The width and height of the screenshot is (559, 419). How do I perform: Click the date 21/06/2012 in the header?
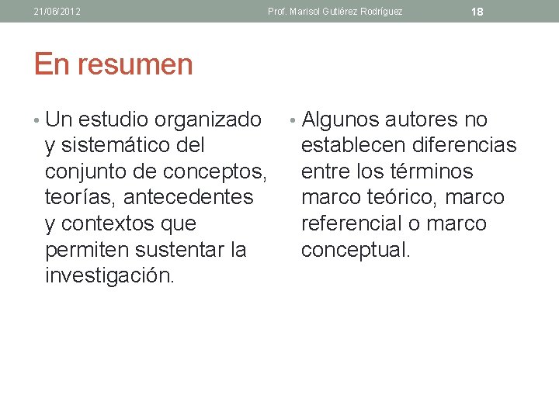coord(57,12)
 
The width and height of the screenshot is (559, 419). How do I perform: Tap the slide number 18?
coord(477,12)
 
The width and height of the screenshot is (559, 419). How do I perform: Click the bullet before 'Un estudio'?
coord(37,121)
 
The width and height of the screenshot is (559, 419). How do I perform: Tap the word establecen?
coord(355,146)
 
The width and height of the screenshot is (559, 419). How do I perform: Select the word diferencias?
coord(465,146)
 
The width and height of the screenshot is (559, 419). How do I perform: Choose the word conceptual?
coord(356,250)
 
